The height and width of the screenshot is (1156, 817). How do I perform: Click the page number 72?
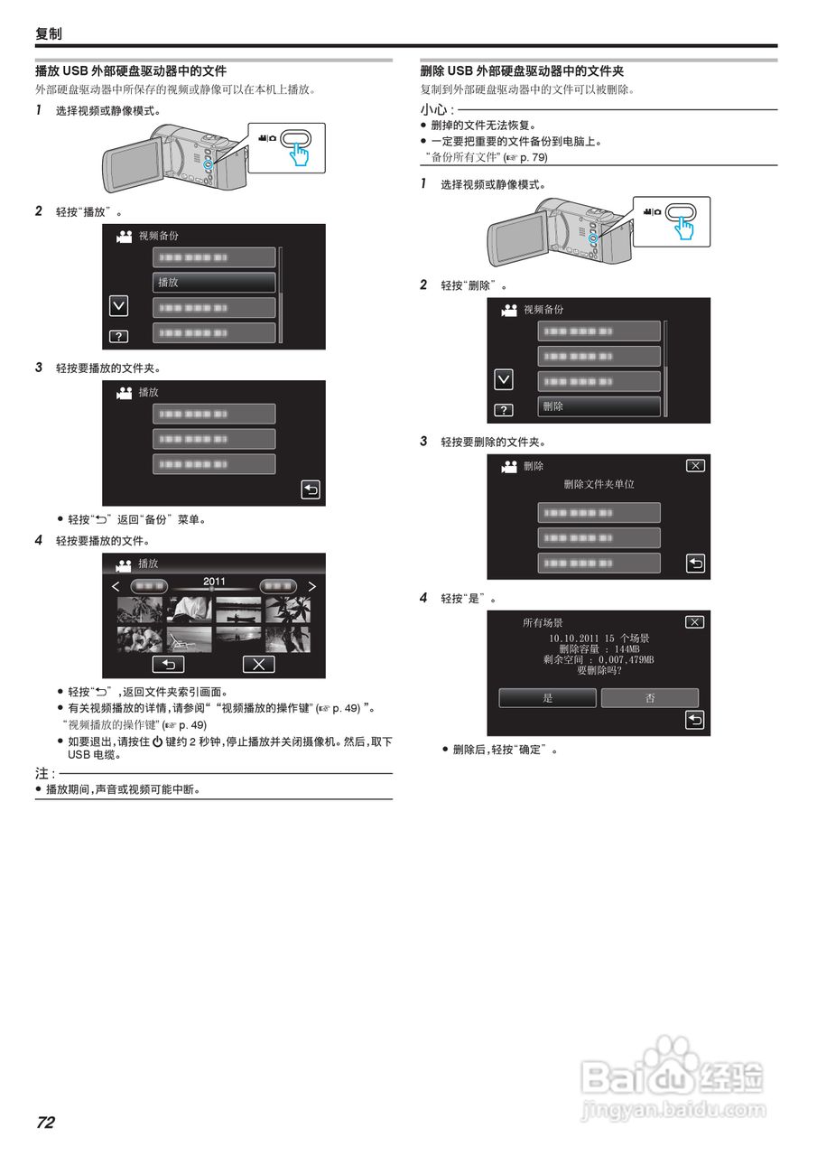(x=45, y=1123)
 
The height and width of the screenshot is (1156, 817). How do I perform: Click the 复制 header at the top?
(x=49, y=33)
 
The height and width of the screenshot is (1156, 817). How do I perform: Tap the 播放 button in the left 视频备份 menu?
(x=213, y=283)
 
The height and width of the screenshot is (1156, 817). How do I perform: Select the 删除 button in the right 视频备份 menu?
(x=599, y=407)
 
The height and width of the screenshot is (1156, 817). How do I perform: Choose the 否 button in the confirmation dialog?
(x=650, y=698)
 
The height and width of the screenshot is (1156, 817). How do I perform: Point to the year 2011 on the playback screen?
(x=214, y=582)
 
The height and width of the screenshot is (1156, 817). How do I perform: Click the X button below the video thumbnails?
(x=258, y=665)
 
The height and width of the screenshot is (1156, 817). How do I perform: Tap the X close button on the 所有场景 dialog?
(x=694, y=622)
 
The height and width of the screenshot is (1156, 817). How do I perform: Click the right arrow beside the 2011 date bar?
(x=312, y=586)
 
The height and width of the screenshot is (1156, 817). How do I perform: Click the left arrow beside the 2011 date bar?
(x=116, y=586)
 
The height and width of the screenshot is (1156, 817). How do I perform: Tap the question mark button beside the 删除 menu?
(x=504, y=410)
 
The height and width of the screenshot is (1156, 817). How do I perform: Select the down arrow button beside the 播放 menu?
(x=118, y=306)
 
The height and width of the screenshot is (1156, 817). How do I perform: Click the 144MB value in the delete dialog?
(x=627, y=649)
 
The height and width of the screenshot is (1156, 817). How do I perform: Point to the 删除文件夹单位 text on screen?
(x=599, y=484)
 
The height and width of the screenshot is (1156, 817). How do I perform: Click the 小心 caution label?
(x=435, y=109)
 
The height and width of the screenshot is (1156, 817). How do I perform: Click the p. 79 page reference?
(x=533, y=157)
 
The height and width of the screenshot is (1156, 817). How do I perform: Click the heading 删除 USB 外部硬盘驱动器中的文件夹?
(x=523, y=70)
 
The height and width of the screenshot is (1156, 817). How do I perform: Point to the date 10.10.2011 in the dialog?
(x=572, y=639)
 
